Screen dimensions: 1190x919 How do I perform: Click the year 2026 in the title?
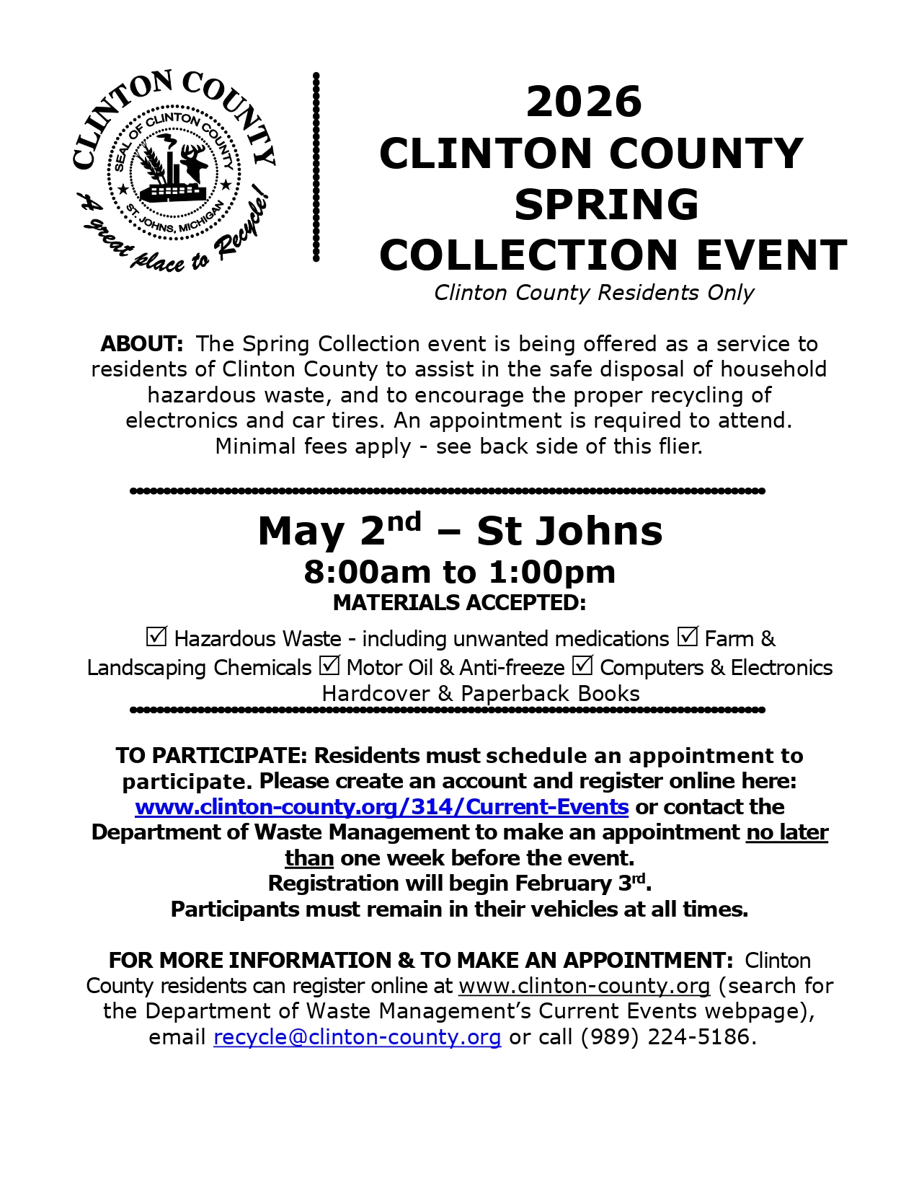point(583,102)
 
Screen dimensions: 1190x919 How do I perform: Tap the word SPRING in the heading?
point(605,204)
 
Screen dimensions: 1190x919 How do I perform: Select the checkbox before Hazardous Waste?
point(156,637)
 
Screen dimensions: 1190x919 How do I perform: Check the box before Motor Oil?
point(329,665)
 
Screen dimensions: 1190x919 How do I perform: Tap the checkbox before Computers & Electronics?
point(582,665)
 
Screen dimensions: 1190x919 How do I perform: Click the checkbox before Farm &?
point(687,637)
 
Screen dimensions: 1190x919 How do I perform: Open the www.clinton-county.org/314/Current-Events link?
point(381,806)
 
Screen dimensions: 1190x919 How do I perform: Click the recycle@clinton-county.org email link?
point(357,1037)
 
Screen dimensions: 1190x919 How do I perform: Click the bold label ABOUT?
point(142,343)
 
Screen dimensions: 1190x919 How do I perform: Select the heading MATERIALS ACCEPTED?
point(459,602)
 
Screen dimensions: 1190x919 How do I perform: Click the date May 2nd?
point(339,531)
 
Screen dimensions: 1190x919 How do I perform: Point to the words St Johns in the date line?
point(569,531)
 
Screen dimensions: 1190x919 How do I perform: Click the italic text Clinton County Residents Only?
point(593,293)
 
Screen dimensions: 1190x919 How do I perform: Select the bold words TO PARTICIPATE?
point(212,755)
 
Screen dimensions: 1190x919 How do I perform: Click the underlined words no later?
point(787,832)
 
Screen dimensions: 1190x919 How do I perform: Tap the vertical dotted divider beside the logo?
point(316,166)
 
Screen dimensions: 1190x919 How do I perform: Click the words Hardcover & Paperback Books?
point(481,694)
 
